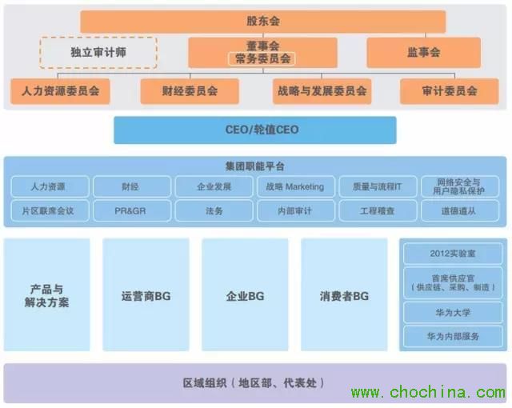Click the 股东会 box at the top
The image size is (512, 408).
(x=263, y=22)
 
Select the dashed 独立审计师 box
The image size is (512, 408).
(x=98, y=53)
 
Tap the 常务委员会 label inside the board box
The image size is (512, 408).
(x=262, y=58)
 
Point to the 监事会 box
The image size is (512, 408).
(x=423, y=52)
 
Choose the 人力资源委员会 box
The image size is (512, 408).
(x=60, y=91)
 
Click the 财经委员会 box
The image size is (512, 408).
(x=190, y=91)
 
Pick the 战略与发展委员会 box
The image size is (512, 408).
(x=322, y=91)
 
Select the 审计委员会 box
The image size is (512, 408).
(x=450, y=91)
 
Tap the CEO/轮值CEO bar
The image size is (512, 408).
(x=255, y=130)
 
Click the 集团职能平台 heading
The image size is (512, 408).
(x=255, y=166)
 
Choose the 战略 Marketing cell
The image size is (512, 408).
(x=296, y=186)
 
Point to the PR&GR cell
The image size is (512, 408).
(x=131, y=211)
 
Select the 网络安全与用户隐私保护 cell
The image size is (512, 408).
(x=460, y=186)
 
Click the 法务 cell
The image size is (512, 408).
(x=214, y=211)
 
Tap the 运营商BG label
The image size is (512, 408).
(x=146, y=296)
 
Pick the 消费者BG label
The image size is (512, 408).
(x=344, y=296)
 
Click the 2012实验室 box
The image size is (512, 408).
(x=453, y=254)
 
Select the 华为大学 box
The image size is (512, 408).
(x=453, y=313)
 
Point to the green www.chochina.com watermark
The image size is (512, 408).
(x=428, y=392)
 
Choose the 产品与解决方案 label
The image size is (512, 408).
(x=46, y=296)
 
